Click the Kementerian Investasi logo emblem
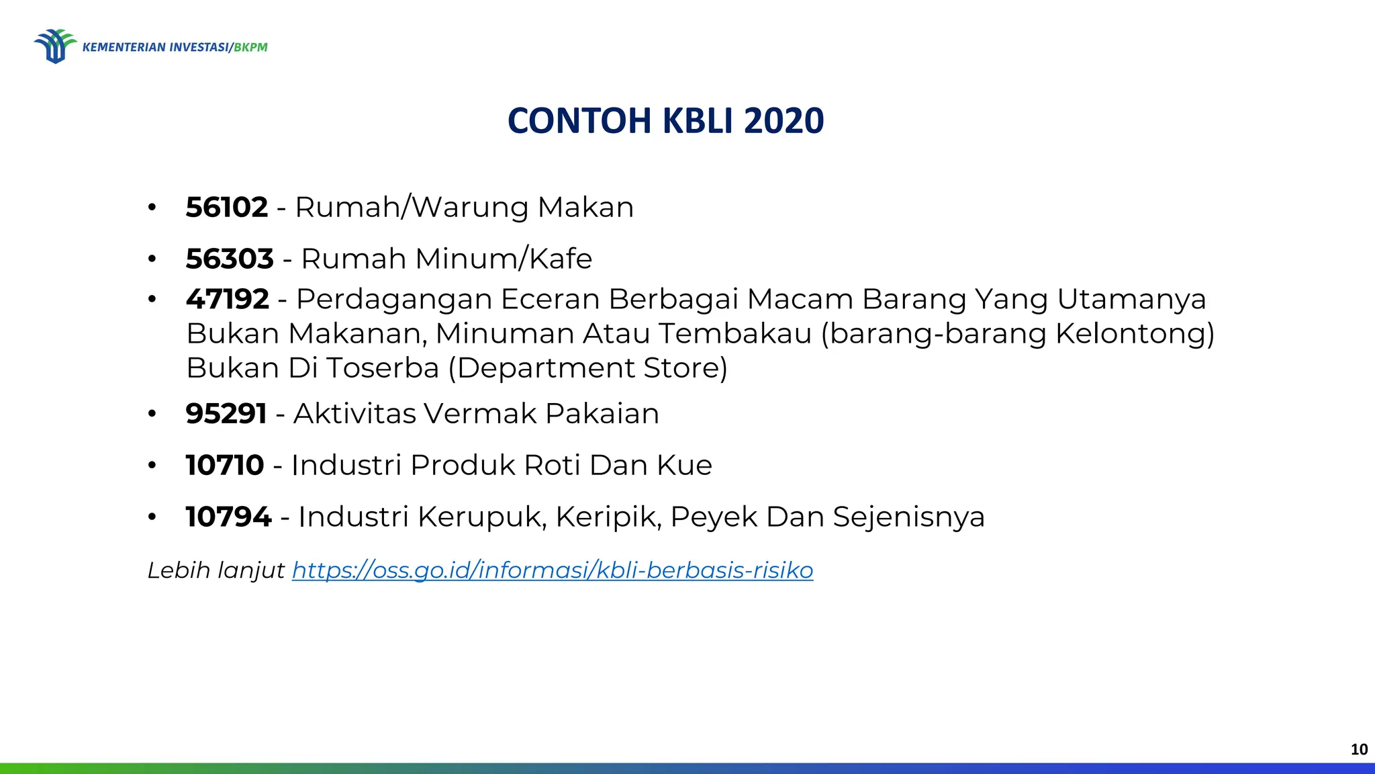pos(55,46)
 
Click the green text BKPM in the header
pos(250,47)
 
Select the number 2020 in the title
pos(784,121)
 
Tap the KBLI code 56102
pos(227,207)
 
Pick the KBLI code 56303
pos(230,259)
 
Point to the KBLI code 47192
pos(228,299)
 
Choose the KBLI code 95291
pos(226,413)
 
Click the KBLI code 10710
pos(225,465)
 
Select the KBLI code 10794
pos(228,517)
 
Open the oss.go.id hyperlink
pos(553,570)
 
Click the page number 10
pos(1359,749)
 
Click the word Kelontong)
pos(1135,333)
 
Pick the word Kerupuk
pos(481,517)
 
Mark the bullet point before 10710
pos(152,465)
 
